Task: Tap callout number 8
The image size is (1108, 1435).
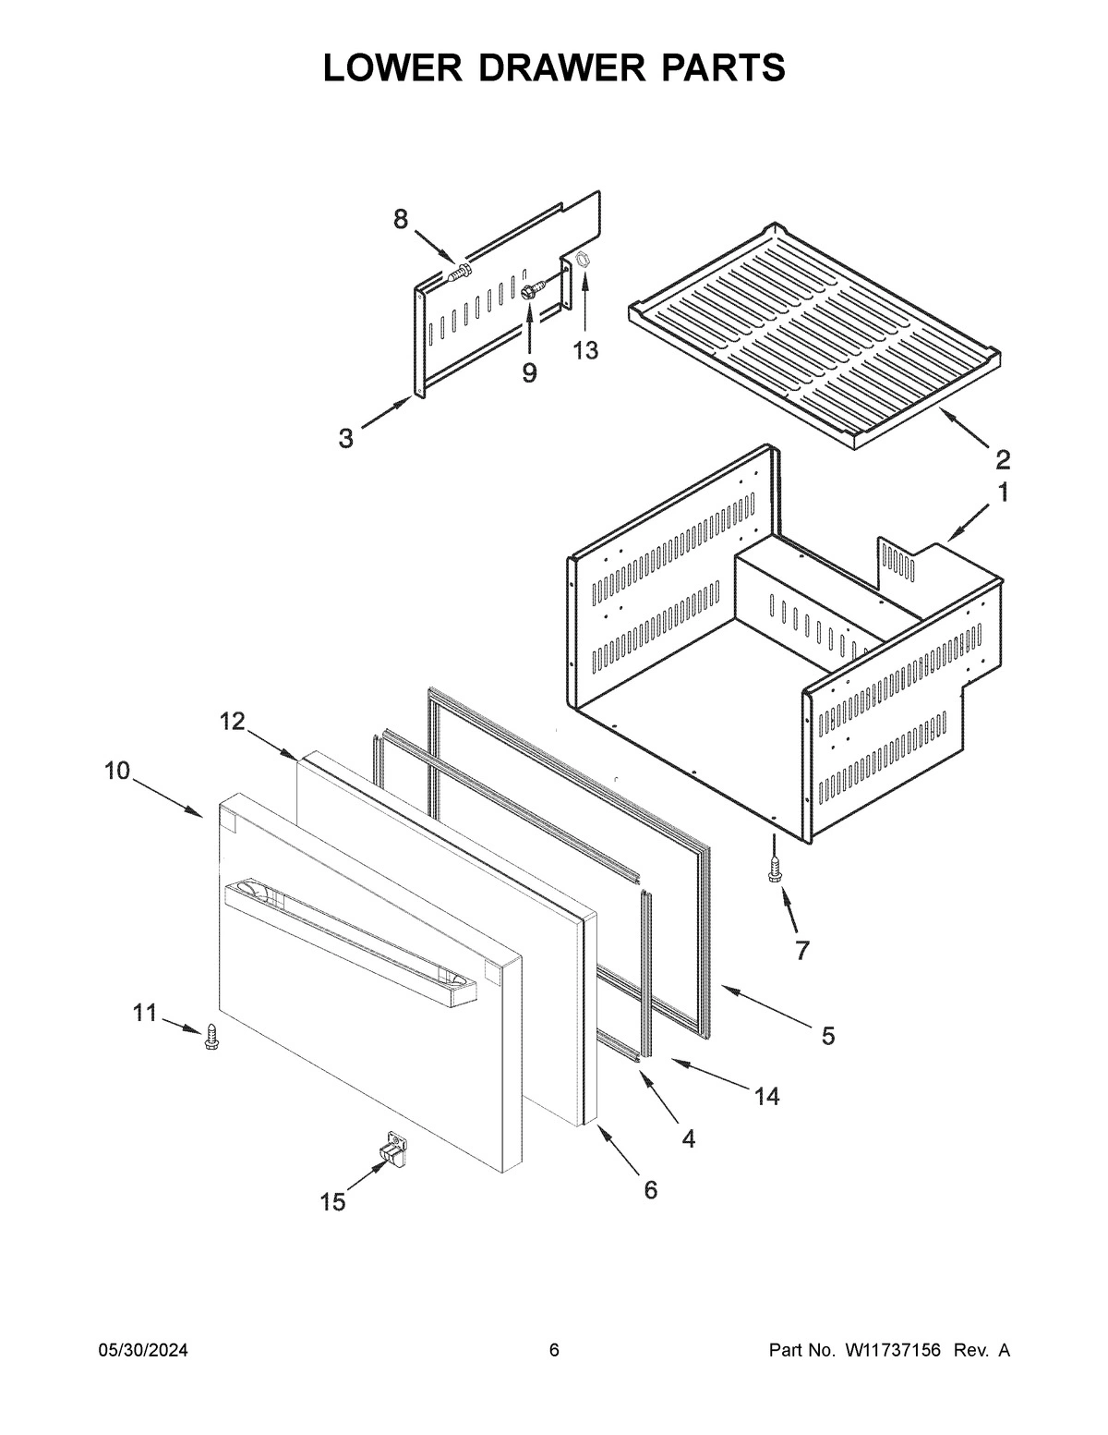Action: [400, 219]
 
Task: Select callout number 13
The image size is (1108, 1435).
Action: [584, 350]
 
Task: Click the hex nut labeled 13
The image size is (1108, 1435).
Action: [583, 261]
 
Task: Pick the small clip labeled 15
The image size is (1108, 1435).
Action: [392, 1149]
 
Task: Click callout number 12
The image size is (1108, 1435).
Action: [232, 722]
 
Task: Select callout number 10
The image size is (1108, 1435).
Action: [117, 770]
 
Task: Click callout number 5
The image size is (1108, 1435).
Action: [827, 1036]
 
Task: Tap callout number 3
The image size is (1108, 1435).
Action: [345, 438]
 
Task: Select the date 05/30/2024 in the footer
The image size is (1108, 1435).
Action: [143, 1351]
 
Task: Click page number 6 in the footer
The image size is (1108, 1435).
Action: [554, 1351]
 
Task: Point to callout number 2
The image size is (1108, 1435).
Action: [1002, 458]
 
